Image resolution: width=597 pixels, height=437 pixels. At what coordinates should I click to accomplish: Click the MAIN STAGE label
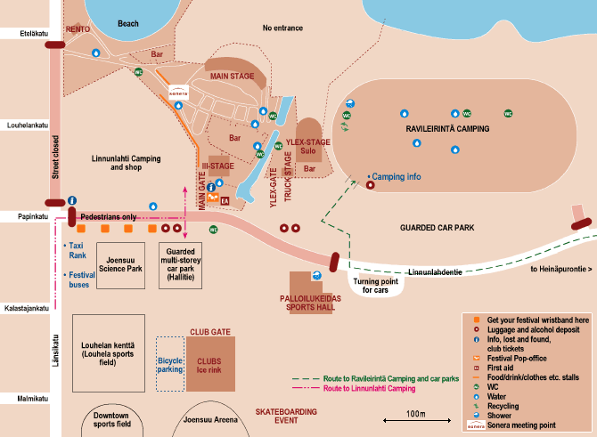point(233,77)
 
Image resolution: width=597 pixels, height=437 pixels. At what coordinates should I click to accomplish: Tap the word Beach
point(128,24)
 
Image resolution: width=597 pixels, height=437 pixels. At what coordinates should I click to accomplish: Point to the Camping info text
point(396,177)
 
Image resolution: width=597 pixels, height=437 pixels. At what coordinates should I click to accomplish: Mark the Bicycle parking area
point(169,363)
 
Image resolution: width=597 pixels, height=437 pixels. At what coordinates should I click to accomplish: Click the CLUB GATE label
point(210,331)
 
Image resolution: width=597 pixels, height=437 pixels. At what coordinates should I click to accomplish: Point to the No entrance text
point(282,28)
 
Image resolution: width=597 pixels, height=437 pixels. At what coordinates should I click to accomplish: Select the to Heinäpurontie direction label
point(561,268)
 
